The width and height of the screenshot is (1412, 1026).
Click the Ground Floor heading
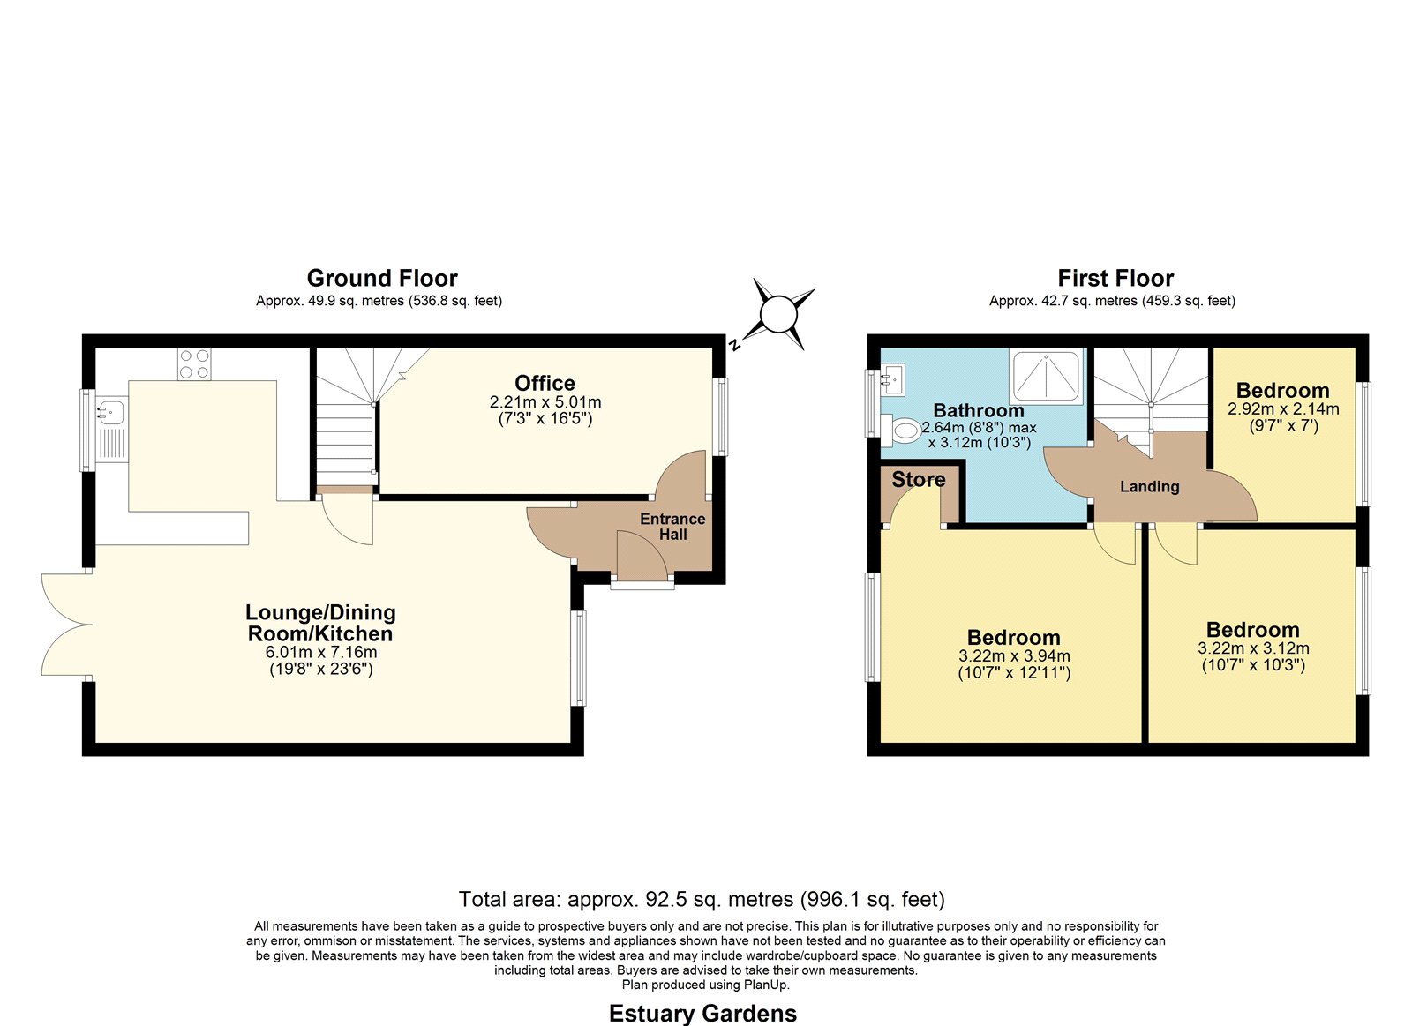point(382,278)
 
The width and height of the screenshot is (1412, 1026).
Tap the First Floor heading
point(1115,278)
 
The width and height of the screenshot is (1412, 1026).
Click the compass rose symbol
point(778,314)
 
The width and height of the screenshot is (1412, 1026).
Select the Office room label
point(545,383)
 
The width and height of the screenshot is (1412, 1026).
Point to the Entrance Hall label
point(672,527)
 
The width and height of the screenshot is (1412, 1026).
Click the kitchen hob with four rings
point(194,363)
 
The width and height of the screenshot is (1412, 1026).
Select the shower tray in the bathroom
point(1046,376)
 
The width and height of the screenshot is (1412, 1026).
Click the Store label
point(919,480)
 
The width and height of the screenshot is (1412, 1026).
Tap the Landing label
point(1149,486)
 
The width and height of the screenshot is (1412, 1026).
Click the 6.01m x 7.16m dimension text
point(321,652)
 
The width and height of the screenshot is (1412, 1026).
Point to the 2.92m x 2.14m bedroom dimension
point(1283,408)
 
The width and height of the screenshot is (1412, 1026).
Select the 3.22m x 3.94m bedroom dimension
point(1014,655)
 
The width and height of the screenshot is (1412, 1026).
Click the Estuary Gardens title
point(702,1014)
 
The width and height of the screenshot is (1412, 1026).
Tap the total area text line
point(702,899)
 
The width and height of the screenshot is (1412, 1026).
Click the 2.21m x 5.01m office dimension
point(545,402)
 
